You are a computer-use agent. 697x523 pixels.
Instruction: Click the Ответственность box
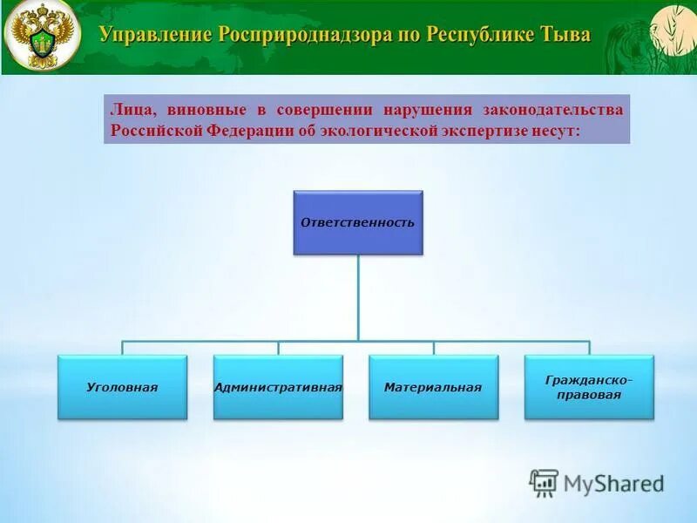(x=357, y=222)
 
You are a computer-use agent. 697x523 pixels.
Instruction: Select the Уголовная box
(x=122, y=387)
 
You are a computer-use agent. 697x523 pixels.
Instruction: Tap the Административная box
(x=278, y=387)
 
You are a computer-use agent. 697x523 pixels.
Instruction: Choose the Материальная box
(x=433, y=387)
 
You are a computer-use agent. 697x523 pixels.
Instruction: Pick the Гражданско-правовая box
(x=589, y=387)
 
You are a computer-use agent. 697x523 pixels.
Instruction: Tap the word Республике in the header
(x=471, y=35)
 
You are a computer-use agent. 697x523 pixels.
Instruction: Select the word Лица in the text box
(x=128, y=110)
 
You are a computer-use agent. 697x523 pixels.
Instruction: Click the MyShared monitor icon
(x=544, y=483)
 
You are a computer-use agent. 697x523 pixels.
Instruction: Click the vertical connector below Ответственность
(x=358, y=296)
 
